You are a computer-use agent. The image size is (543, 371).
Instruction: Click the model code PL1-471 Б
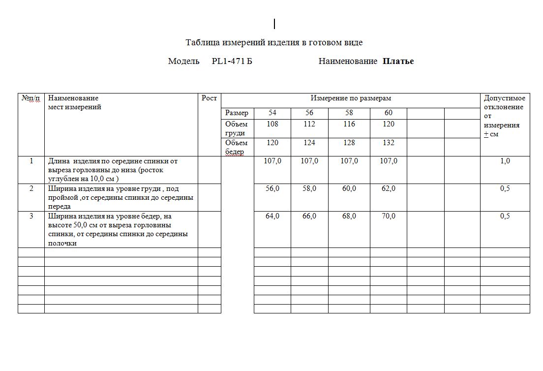tap(232, 62)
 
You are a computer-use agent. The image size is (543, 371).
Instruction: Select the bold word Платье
tap(398, 62)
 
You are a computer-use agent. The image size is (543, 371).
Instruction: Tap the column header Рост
tap(209, 98)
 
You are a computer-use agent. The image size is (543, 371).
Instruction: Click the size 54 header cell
tap(272, 113)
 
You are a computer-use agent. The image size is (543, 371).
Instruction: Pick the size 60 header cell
tap(389, 113)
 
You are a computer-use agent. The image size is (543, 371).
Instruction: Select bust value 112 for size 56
tap(309, 124)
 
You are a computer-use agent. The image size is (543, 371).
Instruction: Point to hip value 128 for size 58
tap(349, 143)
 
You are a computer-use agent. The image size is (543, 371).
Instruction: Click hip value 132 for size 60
tap(389, 143)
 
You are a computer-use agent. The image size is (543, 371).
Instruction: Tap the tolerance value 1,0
tap(505, 161)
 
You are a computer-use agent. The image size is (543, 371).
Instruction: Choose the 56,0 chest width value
tap(272, 189)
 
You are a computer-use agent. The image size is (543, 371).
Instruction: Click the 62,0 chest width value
tap(389, 189)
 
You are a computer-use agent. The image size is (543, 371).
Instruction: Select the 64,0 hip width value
tap(272, 216)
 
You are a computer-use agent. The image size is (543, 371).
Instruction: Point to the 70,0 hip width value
tap(389, 216)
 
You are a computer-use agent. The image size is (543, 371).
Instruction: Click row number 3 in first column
tap(31, 216)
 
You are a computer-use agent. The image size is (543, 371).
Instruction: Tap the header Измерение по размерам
tap(351, 98)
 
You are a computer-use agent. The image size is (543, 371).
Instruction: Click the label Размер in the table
tap(237, 113)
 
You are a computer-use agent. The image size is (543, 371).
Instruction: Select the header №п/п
tap(31, 98)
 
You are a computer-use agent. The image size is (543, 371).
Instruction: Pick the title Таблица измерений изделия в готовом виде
tap(274, 43)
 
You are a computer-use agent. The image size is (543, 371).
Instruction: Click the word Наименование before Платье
tap(348, 62)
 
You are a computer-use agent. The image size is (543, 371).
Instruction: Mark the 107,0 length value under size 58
tap(349, 161)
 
